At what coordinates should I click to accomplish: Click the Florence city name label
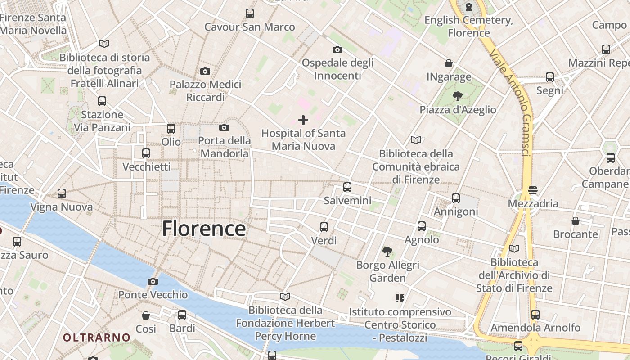[x=204, y=229]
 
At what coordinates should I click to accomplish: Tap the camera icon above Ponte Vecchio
[x=153, y=282]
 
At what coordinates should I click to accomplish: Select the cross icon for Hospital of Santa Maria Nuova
[x=303, y=120]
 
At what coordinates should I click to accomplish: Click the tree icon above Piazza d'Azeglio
[x=458, y=96]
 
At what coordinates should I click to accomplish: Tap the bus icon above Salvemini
[x=347, y=187]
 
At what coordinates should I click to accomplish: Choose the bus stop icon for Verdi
[x=324, y=227]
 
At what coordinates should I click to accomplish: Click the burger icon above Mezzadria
[x=533, y=190]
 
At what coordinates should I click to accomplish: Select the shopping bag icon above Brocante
[x=576, y=221]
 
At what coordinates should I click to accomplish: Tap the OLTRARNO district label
[x=96, y=337]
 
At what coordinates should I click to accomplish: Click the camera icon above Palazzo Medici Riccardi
[x=205, y=71]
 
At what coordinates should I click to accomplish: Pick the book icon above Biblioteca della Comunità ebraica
[x=416, y=140]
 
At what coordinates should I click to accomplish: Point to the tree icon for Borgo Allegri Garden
[x=387, y=252]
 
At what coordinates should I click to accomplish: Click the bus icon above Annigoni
[x=456, y=198]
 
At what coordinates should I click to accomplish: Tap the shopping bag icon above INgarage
[x=449, y=63]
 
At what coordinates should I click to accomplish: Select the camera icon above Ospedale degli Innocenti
[x=337, y=49]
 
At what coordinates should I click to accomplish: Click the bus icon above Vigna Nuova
[x=62, y=193]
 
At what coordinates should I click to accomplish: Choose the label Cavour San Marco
[x=250, y=27]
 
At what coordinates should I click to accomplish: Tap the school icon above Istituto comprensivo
[x=400, y=298]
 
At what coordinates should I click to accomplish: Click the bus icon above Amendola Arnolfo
[x=535, y=315]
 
